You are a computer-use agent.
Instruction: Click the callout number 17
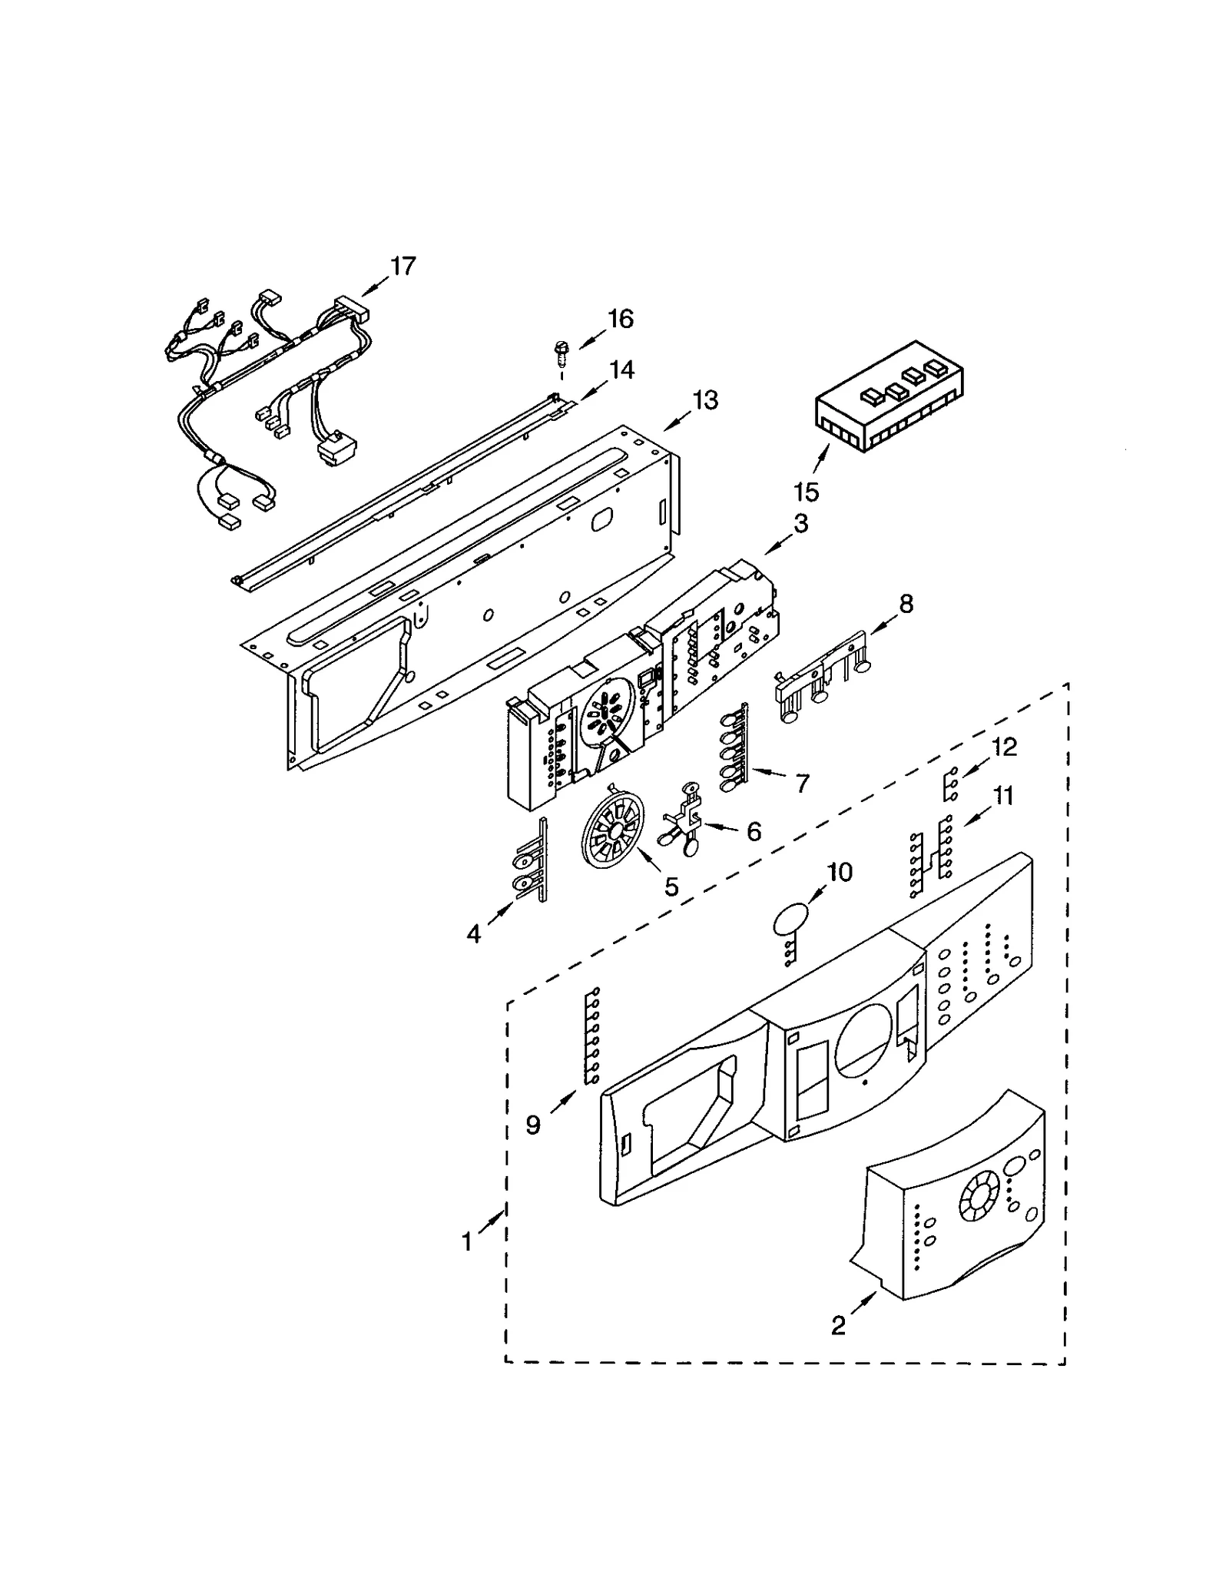coord(402,267)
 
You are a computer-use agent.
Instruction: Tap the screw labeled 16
coord(560,353)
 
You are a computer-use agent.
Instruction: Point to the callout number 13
coord(704,400)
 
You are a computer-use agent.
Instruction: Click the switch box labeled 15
coord(889,397)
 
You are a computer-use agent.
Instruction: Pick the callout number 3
coord(800,524)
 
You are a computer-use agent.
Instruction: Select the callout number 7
coord(802,784)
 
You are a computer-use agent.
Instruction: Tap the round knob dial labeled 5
coord(613,830)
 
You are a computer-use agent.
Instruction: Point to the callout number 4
coord(473,934)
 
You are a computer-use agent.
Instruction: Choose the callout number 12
coord(1004,747)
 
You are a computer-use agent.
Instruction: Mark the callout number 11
coord(1002,796)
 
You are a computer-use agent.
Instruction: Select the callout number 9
coord(533,1125)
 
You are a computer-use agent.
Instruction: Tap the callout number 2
coord(838,1325)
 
